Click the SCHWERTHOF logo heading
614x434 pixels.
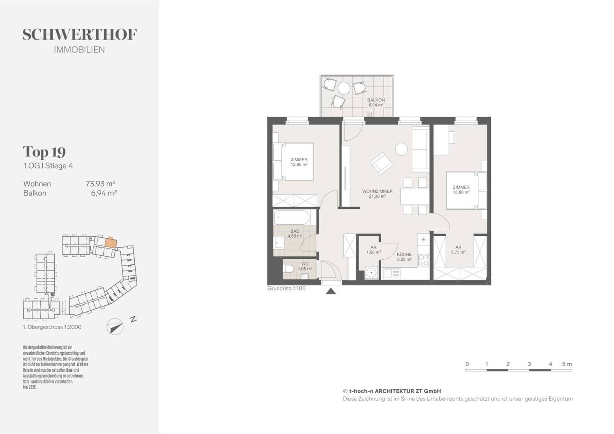pyautogui.click(x=79, y=35)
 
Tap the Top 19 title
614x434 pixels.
pyautogui.click(x=44, y=152)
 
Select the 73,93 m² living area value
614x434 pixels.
pyautogui.click(x=100, y=184)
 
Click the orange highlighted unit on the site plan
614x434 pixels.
pyautogui.click(x=111, y=243)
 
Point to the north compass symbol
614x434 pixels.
pyautogui.click(x=115, y=327)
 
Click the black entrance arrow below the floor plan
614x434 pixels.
pyautogui.click(x=331, y=291)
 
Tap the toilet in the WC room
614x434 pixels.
pyautogui.click(x=290, y=269)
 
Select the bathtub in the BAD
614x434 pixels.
pyautogui.click(x=292, y=218)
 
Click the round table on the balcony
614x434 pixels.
pyautogui.click(x=344, y=88)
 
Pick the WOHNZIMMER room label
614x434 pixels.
pyautogui.click(x=377, y=191)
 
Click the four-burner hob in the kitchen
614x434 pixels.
pyautogui.click(x=424, y=260)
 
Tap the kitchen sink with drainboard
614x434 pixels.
pyautogui.click(x=391, y=273)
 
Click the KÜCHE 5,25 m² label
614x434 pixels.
pyautogui.click(x=404, y=257)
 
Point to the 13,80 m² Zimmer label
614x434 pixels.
pyautogui.click(x=461, y=190)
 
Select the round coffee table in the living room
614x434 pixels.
pyautogui.click(x=402, y=149)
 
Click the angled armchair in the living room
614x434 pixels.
pyautogui.click(x=381, y=163)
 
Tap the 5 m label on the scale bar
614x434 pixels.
pyautogui.click(x=567, y=364)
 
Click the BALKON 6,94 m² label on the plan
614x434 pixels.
pyautogui.click(x=376, y=102)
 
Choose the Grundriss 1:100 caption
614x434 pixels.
pyautogui.click(x=286, y=288)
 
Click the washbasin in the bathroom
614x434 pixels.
pyautogui.click(x=279, y=243)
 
